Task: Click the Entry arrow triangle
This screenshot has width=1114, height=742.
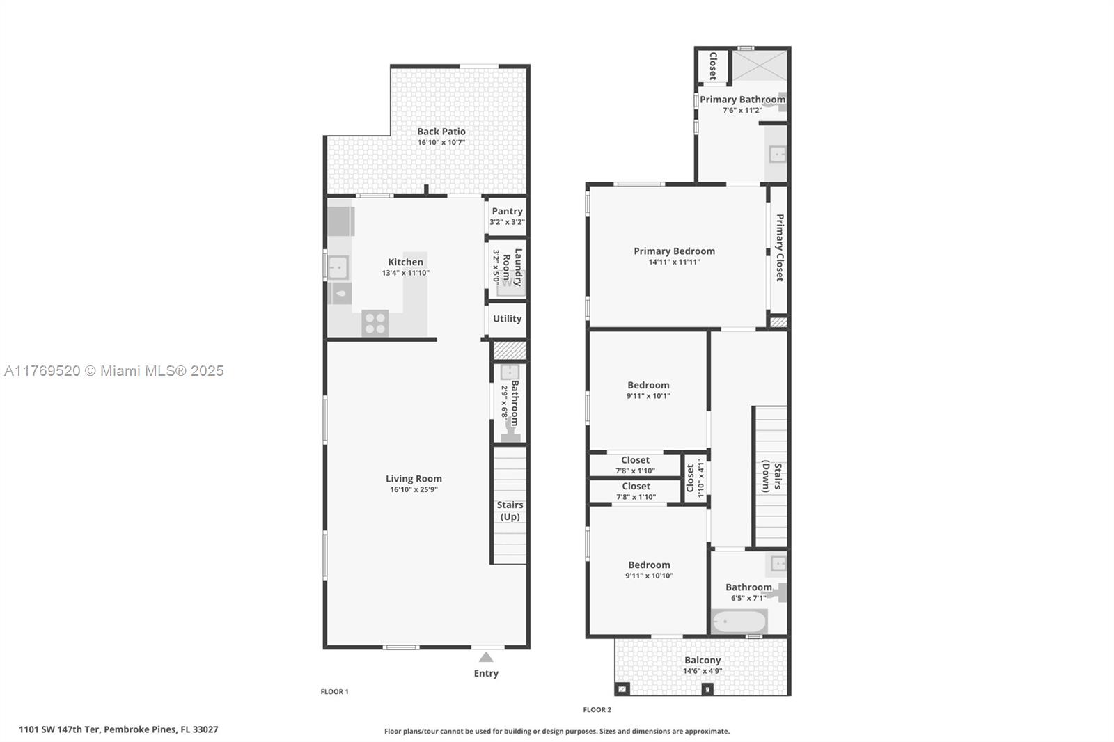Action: click(486, 658)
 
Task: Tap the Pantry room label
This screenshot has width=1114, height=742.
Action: click(507, 212)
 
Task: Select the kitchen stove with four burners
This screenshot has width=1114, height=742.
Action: click(375, 323)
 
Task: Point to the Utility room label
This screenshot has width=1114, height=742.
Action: click(507, 319)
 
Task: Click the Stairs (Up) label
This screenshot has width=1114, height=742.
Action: click(510, 511)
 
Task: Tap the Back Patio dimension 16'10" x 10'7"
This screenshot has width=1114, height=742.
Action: click(441, 143)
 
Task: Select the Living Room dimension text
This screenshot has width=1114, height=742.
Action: click(414, 490)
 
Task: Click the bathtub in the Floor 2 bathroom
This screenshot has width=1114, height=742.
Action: click(739, 622)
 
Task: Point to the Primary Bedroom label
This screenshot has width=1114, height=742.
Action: click(674, 251)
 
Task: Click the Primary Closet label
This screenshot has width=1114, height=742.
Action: click(779, 248)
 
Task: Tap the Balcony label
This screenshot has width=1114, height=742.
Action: click(703, 661)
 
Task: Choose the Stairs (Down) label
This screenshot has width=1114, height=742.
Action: click(771, 476)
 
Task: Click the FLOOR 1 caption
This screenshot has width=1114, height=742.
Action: click(334, 692)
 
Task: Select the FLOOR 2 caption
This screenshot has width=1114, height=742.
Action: click(597, 710)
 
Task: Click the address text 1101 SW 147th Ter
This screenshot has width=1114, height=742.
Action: click(59, 729)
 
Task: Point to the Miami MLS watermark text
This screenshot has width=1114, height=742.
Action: click(114, 371)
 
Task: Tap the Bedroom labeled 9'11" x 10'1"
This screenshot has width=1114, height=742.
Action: click(648, 390)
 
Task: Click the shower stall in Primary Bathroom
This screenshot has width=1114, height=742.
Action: click(760, 65)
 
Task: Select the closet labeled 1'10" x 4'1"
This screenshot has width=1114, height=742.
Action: click(696, 478)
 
